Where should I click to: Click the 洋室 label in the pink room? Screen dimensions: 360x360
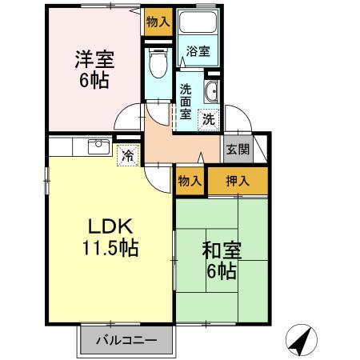pos(94,59)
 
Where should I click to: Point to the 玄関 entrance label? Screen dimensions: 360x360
pos(237,148)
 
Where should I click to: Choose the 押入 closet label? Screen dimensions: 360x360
pos(238,181)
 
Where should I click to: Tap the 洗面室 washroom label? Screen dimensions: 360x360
pos(186,102)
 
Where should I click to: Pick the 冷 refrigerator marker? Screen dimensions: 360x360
pos(126,155)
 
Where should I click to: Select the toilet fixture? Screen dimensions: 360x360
pos(157,61)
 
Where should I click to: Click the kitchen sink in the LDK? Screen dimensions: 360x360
pos(97,146)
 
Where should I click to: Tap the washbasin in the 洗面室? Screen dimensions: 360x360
pos(212,89)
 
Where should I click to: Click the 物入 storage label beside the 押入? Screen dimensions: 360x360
pos(190,181)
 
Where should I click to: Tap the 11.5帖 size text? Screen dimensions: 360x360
pos(113,248)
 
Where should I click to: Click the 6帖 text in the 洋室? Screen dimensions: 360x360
pos(94,80)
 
